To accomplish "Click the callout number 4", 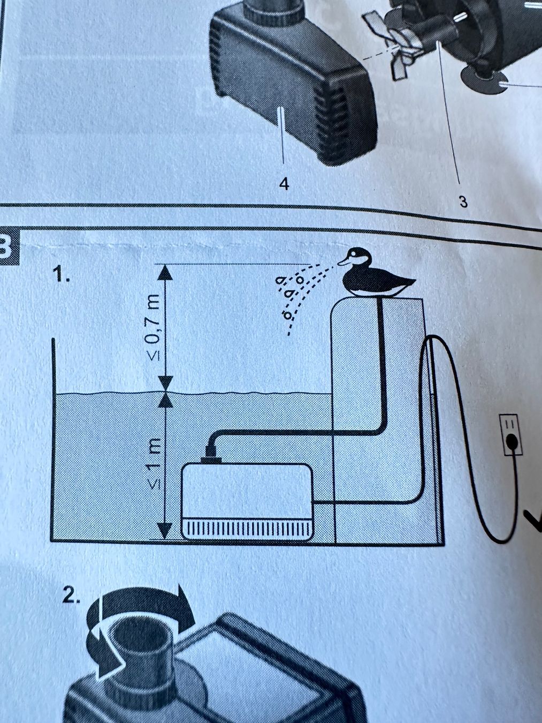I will [284, 184].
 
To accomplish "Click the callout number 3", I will [463, 202].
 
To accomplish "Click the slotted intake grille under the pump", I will [248, 529].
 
